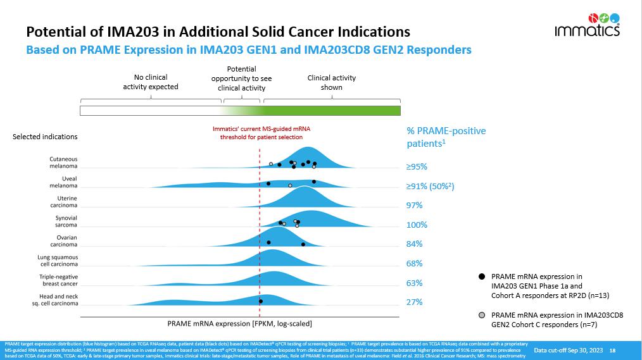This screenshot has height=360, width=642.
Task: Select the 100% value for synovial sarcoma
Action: point(417,225)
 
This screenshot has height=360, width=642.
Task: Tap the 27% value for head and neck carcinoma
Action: point(414,302)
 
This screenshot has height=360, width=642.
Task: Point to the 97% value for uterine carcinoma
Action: point(414,206)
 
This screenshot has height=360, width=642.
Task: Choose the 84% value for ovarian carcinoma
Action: point(414,244)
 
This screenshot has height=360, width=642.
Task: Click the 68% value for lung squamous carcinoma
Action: point(414,264)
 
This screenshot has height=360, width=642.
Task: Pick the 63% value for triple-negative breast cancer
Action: point(414,283)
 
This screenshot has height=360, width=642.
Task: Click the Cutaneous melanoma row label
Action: point(63,163)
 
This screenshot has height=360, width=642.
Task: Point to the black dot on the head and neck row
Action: point(261,301)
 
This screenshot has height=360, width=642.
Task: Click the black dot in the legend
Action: point(482,276)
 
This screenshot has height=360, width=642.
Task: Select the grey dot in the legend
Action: point(482,315)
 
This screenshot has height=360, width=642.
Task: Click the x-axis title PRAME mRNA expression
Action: point(239,324)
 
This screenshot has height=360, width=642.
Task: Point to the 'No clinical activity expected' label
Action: point(151,82)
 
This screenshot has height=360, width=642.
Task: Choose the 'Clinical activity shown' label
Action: point(331,82)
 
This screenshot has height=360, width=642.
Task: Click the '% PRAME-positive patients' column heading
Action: point(446,137)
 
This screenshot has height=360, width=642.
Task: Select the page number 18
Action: point(612,350)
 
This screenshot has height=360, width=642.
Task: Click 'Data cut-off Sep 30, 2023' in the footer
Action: point(568,350)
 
